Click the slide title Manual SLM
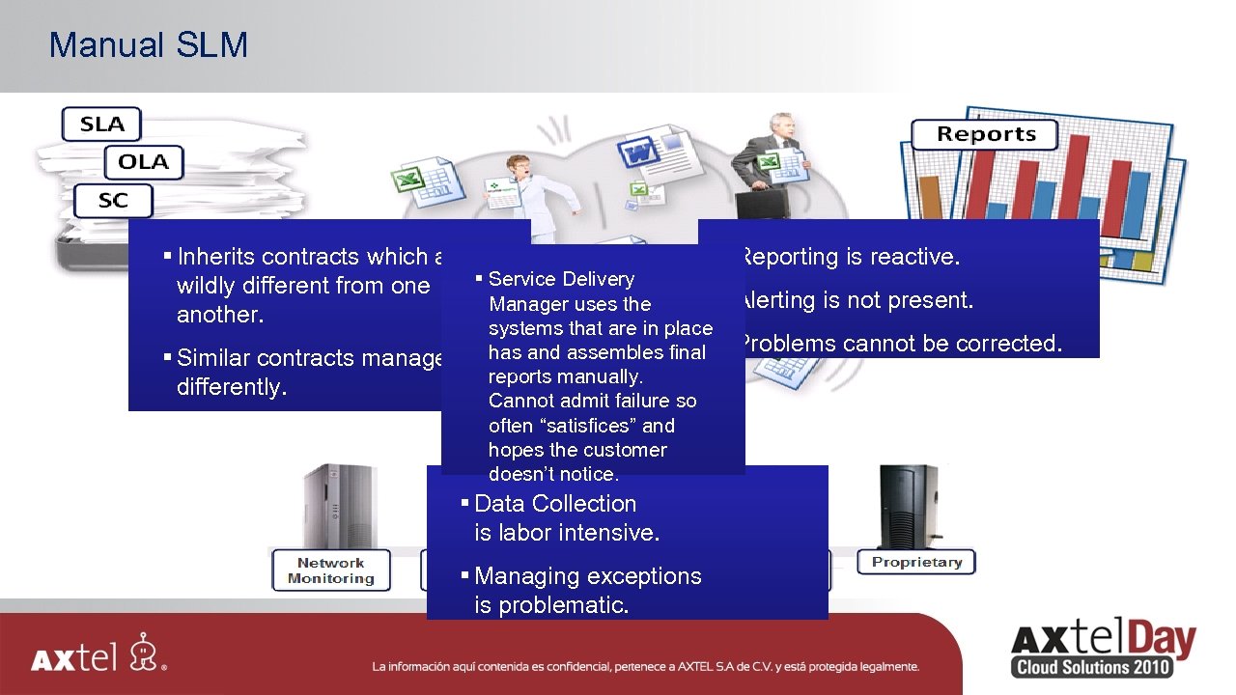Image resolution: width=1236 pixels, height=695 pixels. click(148, 45)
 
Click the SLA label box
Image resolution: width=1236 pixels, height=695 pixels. click(101, 124)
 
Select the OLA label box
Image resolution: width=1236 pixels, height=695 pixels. click(143, 162)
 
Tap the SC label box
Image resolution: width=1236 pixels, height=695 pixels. click(113, 201)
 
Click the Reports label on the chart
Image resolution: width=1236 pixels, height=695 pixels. click(985, 134)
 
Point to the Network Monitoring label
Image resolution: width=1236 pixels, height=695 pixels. click(330, 570)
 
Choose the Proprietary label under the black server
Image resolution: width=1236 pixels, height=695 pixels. click(916, 562)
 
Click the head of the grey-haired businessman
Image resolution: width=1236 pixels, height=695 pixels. click(780, 126)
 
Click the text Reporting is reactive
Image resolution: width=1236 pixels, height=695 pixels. click(851, 257)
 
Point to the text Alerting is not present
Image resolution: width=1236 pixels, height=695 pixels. click(856, 300)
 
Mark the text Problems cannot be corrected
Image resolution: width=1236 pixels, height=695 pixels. click(900, 344)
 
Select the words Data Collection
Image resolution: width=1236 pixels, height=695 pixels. click(555, 504)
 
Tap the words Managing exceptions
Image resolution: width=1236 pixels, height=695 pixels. click(587, 576)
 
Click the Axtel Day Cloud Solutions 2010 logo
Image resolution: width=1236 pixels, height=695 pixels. click(1103, 650)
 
